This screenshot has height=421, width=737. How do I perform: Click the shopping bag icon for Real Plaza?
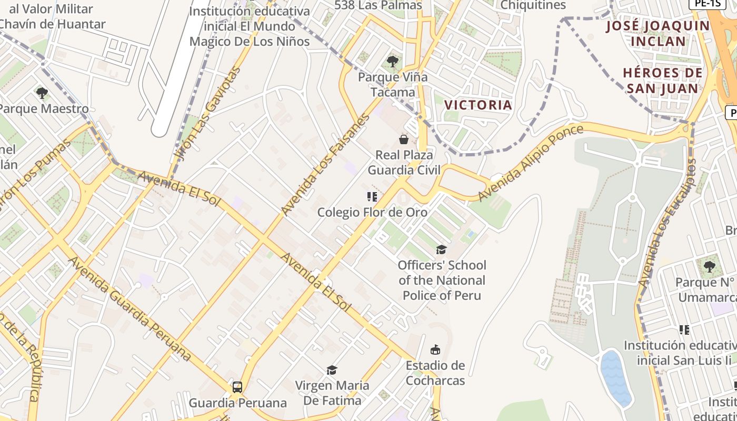pos(404,139)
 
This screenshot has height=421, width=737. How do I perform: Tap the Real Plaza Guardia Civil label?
pos(404,162)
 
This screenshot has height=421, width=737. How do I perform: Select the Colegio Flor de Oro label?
pos(372,212)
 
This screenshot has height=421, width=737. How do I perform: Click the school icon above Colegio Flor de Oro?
pos(372,197)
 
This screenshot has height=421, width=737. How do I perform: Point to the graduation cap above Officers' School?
pos(441,249)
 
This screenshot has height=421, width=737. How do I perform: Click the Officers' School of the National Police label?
pos(442,280)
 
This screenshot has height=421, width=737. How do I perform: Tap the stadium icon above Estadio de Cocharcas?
pos(435,349)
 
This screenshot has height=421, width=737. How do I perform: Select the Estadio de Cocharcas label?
pos(435,373)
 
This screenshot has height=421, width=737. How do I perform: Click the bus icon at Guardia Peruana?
pos(237,387)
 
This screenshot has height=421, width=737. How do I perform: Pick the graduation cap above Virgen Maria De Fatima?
pos(332,370)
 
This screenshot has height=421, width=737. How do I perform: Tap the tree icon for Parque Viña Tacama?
pos(393,62)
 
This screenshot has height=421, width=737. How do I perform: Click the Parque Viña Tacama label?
pos(393,84)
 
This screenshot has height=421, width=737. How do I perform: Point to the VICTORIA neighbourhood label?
pos(478,105)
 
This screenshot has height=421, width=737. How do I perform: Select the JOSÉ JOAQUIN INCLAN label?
pos(658,33)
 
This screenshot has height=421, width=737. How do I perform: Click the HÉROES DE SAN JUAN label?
pos(662,80)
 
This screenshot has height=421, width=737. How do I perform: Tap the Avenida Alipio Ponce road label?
pos(531,163)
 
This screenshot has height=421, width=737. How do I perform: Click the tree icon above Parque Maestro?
pos(42,94)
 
